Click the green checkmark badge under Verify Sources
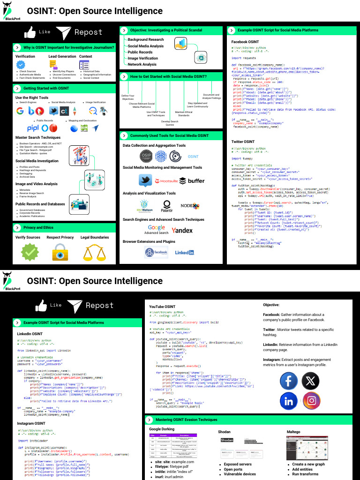[30, 252]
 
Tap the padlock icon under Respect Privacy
[60, 252]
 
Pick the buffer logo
[192, 181]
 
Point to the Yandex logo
[182, 230]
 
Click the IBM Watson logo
[145, 205]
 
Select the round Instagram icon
[311, 401]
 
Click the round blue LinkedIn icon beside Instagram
[289, 401]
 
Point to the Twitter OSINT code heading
[243, 142]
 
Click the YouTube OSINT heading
[162, 307]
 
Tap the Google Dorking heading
[162, 429]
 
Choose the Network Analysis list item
[142, 64]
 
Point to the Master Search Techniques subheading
[37, 137]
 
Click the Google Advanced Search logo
[156, 229]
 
